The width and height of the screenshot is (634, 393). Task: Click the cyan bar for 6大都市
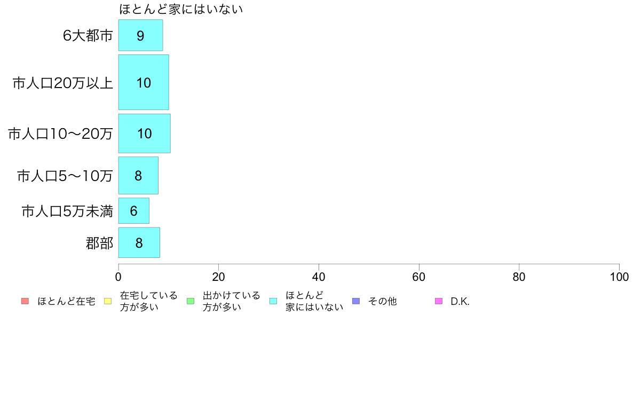(x=141, y=35)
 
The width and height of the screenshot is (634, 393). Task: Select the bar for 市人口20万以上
(x=144, y=82)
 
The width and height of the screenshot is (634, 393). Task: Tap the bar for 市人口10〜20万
(x=144, y=133)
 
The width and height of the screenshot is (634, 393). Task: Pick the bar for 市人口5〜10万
(x=138, y=176)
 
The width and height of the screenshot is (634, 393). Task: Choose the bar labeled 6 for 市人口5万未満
(x=134, y=210)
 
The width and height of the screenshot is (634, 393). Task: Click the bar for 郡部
(x=139, y=242)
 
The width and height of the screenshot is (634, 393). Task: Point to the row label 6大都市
(x=88, y=36)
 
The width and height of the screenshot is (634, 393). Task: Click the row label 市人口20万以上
(x=62, y=83)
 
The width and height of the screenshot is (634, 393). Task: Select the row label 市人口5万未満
(x=67, y=211)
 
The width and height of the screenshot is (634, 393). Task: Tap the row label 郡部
(x=99, y=243)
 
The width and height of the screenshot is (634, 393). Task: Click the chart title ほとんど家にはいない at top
(x=181, y=9)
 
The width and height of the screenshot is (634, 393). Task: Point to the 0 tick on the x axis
(x=118, y=277)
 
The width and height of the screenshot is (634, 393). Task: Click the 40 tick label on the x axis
(x=319, y=277)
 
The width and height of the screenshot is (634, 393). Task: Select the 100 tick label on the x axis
(x=619, y=277)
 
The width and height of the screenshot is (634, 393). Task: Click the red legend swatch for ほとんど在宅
(x=25, y=301)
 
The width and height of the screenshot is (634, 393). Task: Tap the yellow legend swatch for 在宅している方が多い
(x=108, y=301)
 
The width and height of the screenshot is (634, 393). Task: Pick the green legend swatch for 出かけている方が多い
(x=191, y=301)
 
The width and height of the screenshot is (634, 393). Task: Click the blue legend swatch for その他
(x=356, y=301)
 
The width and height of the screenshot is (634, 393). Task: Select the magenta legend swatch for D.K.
(x=439, y=301)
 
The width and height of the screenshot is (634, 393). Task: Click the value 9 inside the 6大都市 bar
(x=140, y=36)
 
